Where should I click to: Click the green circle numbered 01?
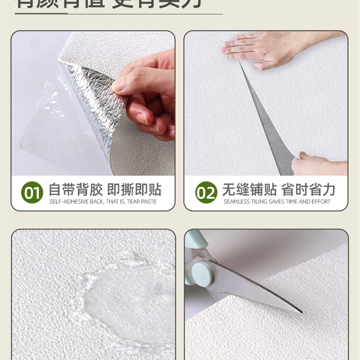tap(32, 193)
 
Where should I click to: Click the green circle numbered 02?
tap(206, 193)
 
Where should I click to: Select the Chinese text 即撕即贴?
tap(134, 189)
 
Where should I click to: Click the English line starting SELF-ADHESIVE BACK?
tap(103, 202)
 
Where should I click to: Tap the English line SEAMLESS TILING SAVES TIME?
tap(277, 202)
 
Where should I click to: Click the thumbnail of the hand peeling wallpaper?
tap(93, 103)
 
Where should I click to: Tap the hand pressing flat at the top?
tap(261, 47)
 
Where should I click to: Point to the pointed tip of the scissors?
tap(301, 311)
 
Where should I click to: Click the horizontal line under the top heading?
tap(119, 14)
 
